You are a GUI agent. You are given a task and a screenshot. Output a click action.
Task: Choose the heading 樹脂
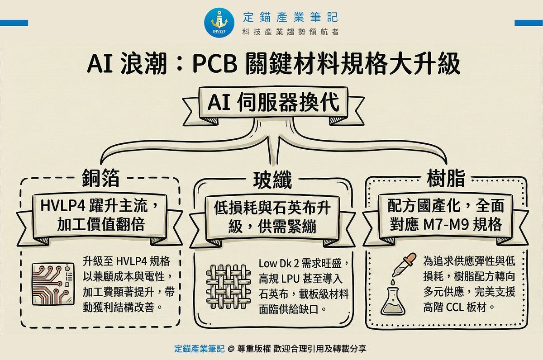[446, 178]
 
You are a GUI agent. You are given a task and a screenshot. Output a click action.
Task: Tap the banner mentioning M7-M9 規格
[446, 215]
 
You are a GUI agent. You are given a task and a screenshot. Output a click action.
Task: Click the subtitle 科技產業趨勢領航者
[290, 32]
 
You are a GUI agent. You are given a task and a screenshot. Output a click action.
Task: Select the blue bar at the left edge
[14, 23]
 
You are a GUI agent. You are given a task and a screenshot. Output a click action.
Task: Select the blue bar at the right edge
[529, 23]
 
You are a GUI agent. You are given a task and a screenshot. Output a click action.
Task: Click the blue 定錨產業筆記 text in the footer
[200, 349]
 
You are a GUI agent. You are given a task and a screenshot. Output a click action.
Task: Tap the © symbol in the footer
[231, 349]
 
